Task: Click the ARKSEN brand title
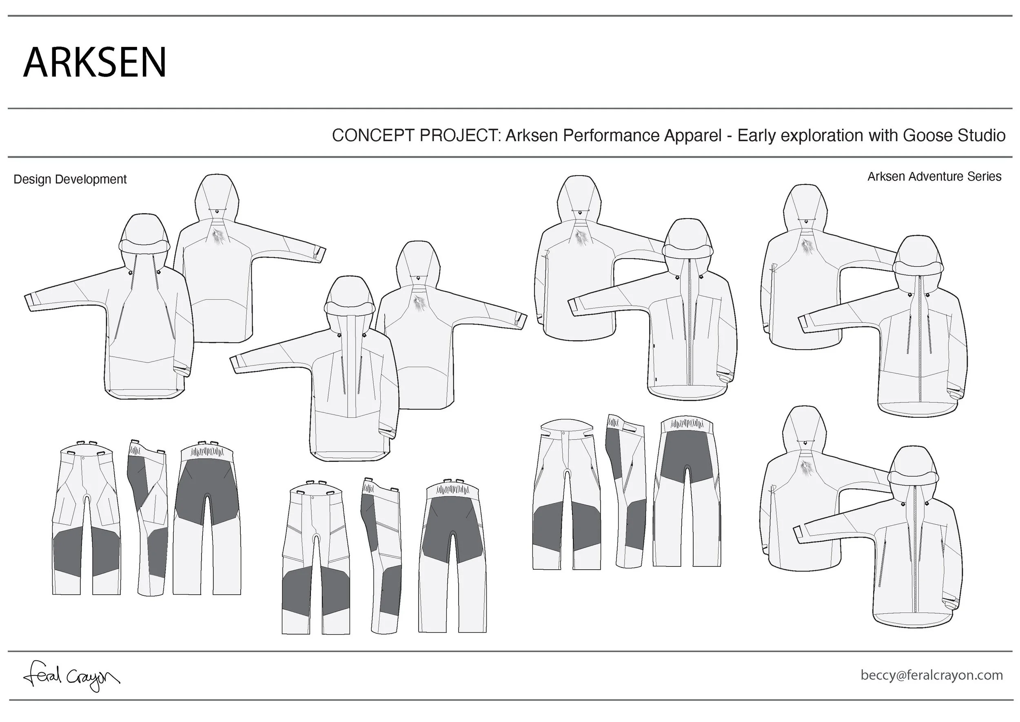tap(95, 62)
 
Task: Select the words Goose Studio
tap(954, 136)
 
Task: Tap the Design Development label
tap(70, 179)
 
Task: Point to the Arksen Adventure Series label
tap(934, 176)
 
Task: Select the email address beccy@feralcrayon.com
tap(931, 675)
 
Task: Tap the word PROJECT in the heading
tap(460, 136)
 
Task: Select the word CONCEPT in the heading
tap(374, 136)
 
